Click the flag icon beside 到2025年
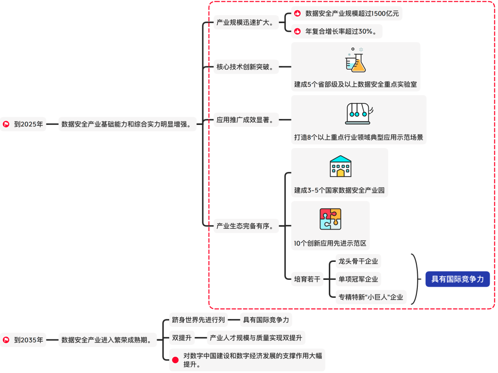tap(6, 124)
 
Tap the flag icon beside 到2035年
tap(6, 340)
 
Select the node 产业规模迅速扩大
tap(245, 22)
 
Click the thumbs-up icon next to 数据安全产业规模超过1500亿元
tap(297, 13)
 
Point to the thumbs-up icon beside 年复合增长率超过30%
tap(297, 31)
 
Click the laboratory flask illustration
tap(356, 60)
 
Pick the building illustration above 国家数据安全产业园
tap(340, 166)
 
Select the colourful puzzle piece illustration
tap(331, 219)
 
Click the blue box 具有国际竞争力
tap(457, 278)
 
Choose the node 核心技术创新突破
tap(245, 67)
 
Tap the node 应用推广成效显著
tap(245, 120)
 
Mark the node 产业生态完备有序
tap(245, 226)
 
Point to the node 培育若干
tap(307, 279)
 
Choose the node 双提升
tap(182, 337)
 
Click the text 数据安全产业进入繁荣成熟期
tap(107, 340)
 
